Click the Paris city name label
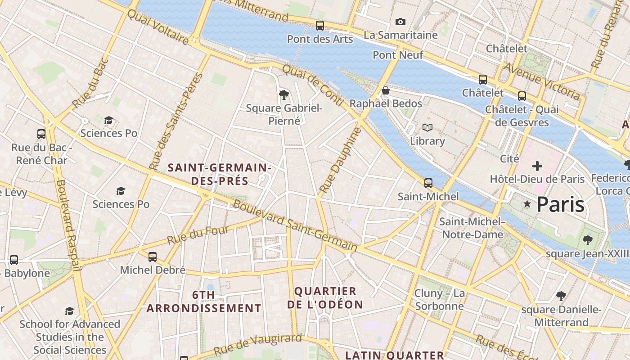point(560,204)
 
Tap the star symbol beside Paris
point(527,204)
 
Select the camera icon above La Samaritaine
point(400,22)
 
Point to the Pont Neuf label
point(398,55)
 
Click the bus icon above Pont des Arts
point(320,26)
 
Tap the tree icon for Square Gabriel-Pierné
point(284,94)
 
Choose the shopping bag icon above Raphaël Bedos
point(385,90)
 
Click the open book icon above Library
point(427,128)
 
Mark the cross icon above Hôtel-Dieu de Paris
point(537,166)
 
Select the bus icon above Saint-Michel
point(428,183)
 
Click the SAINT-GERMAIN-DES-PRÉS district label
point(220,175)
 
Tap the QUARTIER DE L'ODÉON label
point(325,298)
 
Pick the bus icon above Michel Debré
point(153,257)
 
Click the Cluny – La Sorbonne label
point(439,300)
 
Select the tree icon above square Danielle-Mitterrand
point(561,296)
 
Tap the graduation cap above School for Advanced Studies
point(69,311)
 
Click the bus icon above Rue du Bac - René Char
point(41,134)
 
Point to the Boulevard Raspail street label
point(68,225)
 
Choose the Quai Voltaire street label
point(157,27)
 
